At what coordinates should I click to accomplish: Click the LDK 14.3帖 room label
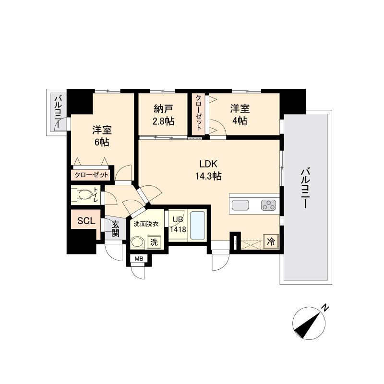(x=208, y=170)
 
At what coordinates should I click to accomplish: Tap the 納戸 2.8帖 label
(x=163, y=115)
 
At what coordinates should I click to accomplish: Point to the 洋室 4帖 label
(x=240, y=115)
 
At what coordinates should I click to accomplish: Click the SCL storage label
(x=86, y=221)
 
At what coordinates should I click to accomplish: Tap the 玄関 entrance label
(x=115, y=229)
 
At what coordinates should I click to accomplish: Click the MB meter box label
(x=139, y=259)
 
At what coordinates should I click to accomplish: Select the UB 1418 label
(x=178, y=225)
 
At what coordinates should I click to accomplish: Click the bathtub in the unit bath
(x=197, y=226)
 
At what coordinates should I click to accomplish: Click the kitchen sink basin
(x=240, y=205)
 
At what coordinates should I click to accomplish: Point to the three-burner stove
(x=268, y=205)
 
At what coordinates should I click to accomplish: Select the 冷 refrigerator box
(x=271, y=242)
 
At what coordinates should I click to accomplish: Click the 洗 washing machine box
(x=154, y=242)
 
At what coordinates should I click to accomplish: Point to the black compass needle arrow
(x=308, y=326)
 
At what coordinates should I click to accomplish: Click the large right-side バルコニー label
(x=305, y=188)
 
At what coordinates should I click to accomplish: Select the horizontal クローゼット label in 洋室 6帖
(x=91, y=175)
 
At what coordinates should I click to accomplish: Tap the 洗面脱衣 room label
(x=146, y=224)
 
